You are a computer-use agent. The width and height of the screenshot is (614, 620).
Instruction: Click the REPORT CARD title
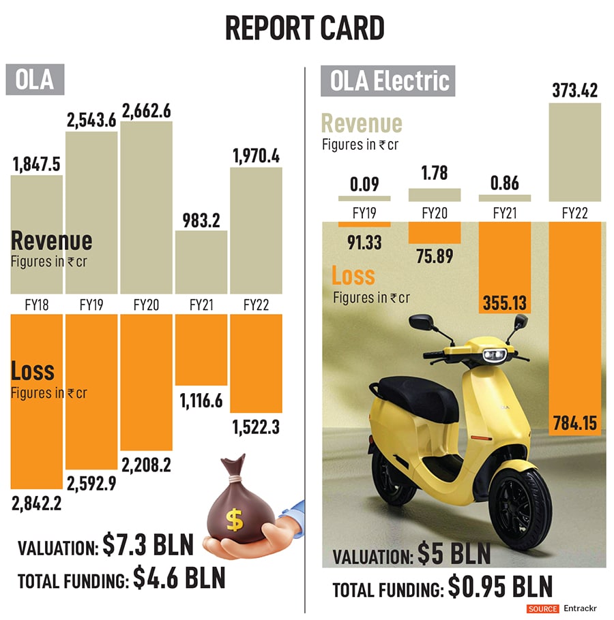[304, 28]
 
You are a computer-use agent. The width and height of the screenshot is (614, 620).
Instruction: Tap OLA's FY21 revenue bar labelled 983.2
[201, 262]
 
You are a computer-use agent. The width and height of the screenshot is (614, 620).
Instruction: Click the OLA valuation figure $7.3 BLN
[149, 546]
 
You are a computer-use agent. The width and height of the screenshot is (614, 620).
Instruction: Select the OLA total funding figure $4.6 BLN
[179, 579]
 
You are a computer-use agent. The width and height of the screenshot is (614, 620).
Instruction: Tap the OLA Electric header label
[390, 81]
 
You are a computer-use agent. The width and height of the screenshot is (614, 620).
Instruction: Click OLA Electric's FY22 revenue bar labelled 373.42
[574, 151]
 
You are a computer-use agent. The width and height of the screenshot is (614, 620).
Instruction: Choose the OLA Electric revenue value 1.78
[434, 173]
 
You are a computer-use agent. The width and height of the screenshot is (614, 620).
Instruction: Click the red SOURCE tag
[542, 608]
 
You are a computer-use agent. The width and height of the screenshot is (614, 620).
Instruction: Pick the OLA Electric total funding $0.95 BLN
[500, 587]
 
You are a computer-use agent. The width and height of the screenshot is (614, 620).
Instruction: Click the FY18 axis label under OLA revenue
[37, 305]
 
